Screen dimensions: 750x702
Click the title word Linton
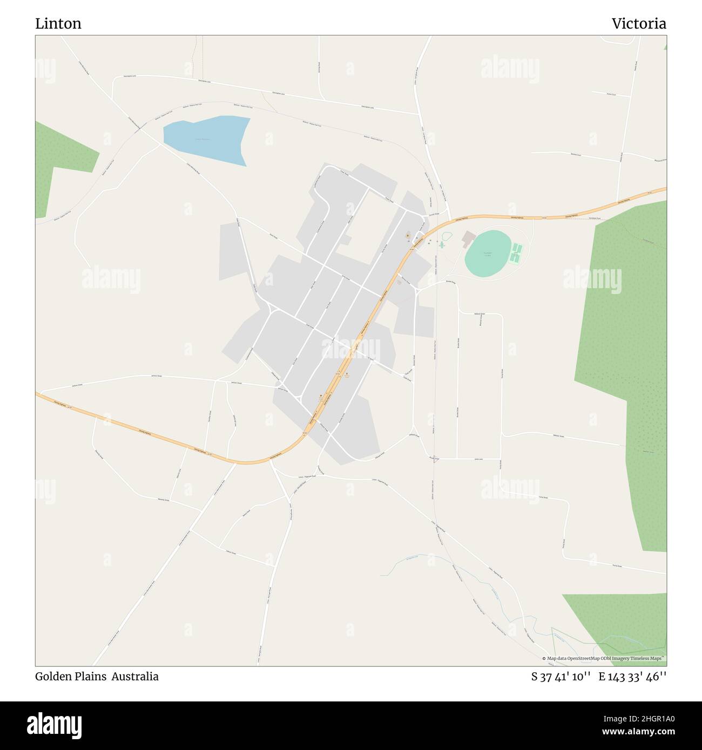(58, 24)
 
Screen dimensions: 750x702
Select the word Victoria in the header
(639, 24)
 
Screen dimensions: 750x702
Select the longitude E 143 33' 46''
(632, 677)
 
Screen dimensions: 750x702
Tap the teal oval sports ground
(488, 252)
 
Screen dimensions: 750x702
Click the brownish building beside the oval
(468, 238)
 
